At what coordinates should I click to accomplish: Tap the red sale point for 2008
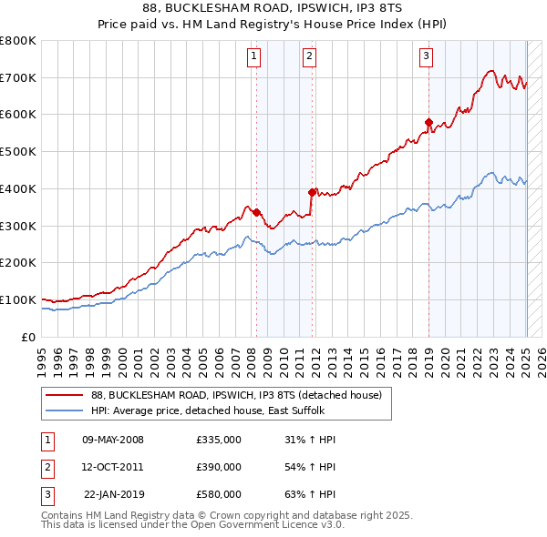pos(256,212)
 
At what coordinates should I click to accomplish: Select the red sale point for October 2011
pos(313,192)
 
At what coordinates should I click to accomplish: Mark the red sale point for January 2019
pos(428,121)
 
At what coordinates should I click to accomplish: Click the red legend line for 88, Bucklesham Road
pos(65,394)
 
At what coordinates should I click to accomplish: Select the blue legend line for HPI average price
pos(65,410)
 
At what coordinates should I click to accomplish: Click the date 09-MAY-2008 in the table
pos(113,440)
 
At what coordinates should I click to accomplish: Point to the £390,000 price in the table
pos(219,467)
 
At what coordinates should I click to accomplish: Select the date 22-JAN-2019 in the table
pos(113,494)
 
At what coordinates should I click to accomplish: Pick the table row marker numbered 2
pos(46,467)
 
